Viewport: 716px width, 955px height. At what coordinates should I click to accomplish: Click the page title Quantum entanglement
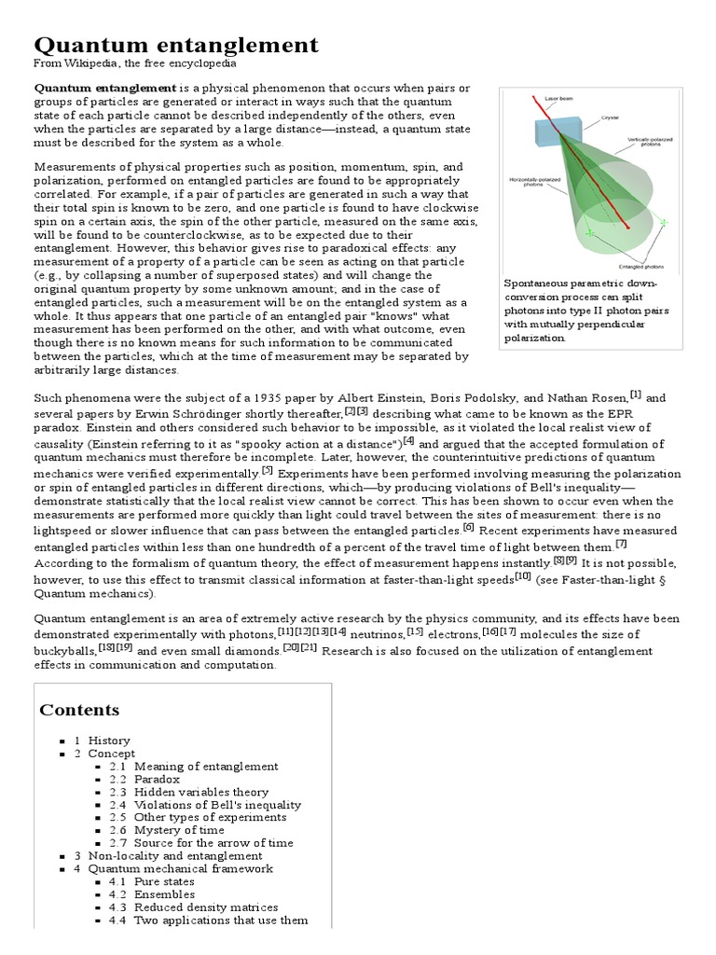tap(176, 44)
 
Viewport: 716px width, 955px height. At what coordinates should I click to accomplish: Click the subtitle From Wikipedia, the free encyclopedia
tap(135, 63)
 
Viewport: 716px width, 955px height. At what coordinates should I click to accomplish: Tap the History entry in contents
tap(109, 740)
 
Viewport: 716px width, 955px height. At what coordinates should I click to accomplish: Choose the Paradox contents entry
tap(158, 779)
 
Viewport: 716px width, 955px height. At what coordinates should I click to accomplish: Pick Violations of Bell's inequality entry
tap(217, 804)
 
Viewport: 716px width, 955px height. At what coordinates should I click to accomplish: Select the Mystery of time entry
tap(179, 829)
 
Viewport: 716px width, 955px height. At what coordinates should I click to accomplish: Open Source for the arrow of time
tap(213, 842)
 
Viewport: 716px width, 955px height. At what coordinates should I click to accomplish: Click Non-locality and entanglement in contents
tap(175, 855)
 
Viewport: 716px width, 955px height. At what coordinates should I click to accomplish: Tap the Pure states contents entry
tap(164, 880)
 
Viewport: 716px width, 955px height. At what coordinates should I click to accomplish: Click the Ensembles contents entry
tap(164, 893)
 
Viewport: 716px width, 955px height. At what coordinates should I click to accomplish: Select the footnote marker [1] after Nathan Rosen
tap(635, 394)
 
